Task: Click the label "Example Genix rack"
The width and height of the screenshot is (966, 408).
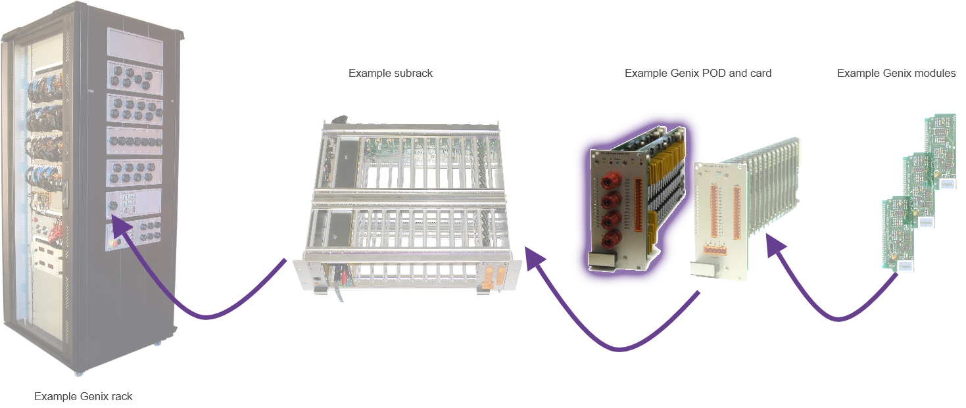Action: coord(84,396)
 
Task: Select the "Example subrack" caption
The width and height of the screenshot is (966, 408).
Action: coord(391,73)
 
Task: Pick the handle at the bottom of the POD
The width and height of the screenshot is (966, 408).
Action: coord(600,261)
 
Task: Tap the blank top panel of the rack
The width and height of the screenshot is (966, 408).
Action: coord(134,47)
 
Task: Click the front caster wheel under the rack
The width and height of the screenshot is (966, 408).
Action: coord(80,373)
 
